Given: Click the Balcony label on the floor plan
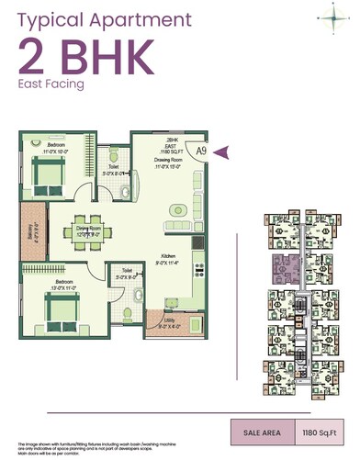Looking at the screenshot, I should [30, 241].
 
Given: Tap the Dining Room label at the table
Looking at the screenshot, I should [88, 230].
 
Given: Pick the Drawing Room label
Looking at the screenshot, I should [170, 164].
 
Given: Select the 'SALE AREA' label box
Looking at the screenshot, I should [262, 432].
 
